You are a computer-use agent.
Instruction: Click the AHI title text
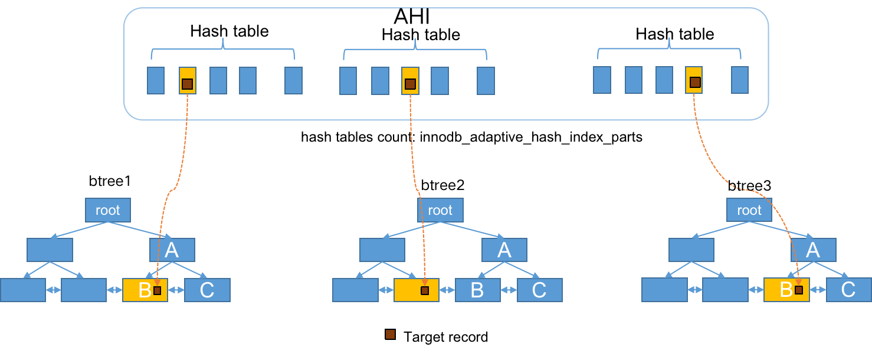click(411, 17)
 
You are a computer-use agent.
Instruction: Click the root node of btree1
click(108, 210)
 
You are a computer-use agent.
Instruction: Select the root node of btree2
click(440, 210)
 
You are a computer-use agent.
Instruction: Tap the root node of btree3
click(749, 210)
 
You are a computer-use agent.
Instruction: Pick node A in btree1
click(172, 250)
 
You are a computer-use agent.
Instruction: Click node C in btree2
click(540, 290)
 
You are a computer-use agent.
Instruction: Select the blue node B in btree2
click(478, 290)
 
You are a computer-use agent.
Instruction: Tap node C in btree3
click(848, 290)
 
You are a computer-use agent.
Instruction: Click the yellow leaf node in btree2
click(416, 290)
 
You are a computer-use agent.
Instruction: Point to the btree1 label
click(109, 181)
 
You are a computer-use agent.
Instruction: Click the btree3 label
click(749, 185)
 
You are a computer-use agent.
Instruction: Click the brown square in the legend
click(390, 335)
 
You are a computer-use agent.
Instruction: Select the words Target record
click(445, 337)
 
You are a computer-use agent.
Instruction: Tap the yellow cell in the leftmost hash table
click(187, 81)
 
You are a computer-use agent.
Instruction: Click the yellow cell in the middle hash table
click(410, 81)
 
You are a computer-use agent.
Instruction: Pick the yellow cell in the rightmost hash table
click(694, 80)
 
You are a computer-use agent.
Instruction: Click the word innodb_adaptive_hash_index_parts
click(531, 137)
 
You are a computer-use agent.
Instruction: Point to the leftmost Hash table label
click(230, 31)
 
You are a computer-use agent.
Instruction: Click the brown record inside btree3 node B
click(799, 290)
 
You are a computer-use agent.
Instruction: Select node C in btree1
click(207, 290)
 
